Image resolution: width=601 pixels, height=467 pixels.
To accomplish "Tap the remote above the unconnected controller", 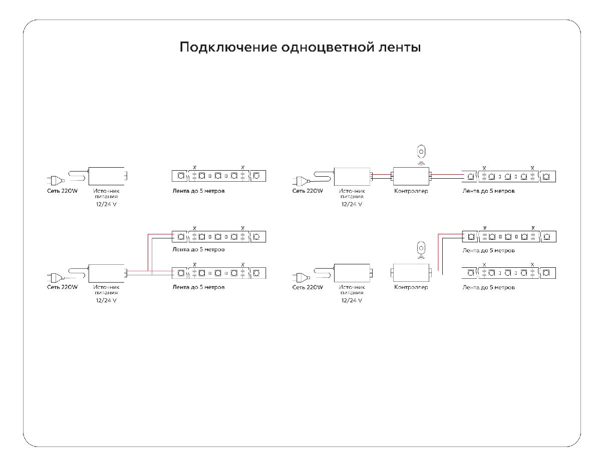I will click(x=421, y=249).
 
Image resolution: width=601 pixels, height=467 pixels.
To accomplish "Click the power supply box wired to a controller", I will click(x=352, y=176).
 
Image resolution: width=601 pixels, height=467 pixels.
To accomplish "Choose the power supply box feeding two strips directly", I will click(x=107, y=273).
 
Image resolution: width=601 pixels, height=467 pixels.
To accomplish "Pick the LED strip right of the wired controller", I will click(x=508, y=176).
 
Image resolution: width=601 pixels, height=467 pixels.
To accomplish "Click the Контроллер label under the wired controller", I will click(x=411, y=191).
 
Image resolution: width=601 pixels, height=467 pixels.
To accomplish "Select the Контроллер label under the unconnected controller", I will click(x=411, y=287).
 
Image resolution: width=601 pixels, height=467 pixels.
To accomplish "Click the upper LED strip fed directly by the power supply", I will click(x=219, y=236).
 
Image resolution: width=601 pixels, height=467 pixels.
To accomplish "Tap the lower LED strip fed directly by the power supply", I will click(x=219, y=273).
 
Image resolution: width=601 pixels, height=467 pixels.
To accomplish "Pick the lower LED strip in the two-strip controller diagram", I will click(x=508, y=273).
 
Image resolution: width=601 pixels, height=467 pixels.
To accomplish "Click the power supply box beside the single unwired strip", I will click(x=107, y=176).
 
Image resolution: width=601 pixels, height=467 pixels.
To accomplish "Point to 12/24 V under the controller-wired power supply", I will click(x=352, y=204).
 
